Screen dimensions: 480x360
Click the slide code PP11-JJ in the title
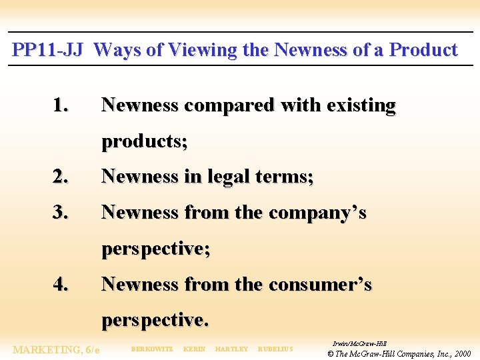47,50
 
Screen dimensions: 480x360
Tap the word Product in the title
423,50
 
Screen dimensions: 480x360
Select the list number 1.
61,105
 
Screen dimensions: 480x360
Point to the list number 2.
61,177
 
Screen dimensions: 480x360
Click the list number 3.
61,213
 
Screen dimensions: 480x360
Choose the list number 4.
61,285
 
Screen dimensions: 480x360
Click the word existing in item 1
361,105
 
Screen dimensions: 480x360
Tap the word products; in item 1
144,141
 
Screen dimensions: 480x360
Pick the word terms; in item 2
289,177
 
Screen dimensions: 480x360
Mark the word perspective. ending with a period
155,321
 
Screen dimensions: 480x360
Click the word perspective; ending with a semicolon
156,249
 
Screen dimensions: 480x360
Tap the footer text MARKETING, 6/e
56,350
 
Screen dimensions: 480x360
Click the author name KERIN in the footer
194,349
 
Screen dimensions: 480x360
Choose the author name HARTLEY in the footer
231,349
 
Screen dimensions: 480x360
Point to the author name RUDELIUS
275,349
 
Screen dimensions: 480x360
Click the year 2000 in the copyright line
460,353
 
